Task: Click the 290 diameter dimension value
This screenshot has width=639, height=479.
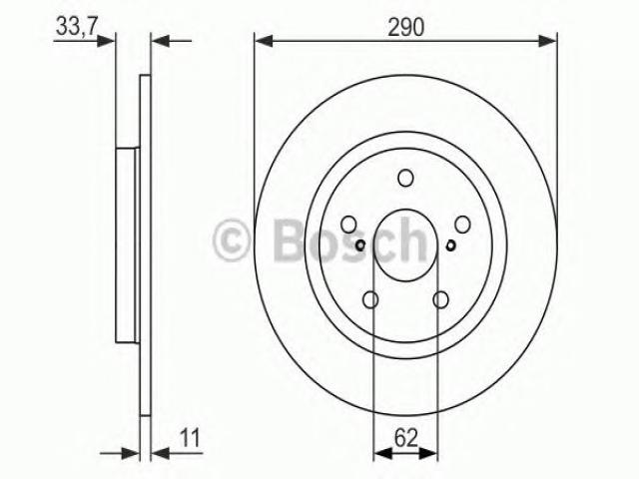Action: tap(406, 27)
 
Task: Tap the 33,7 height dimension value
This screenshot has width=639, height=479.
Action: tap(76, 27)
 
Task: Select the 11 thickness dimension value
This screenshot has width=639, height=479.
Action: tap(190, 438)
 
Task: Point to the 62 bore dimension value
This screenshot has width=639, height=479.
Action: tap(406, 438)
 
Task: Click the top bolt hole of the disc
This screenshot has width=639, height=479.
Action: tap(405, 178)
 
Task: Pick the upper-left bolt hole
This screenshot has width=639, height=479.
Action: tap(348, 224)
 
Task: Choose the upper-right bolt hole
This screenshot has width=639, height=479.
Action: tap(462, 224)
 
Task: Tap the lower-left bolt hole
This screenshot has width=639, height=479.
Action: tap(370, 300)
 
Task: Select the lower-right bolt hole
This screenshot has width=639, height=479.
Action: tap(441, 300)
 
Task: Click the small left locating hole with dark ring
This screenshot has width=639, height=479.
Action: tap(360, 245)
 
